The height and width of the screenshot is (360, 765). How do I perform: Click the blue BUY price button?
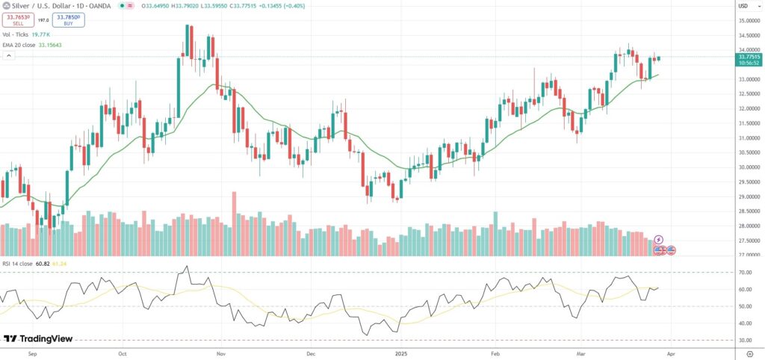[x=68, y=18]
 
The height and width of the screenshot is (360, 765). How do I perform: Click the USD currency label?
[x=743, y=6]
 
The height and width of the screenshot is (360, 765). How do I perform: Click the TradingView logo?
[x=33, y=338]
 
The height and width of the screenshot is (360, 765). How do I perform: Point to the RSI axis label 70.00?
[x=745, y=273]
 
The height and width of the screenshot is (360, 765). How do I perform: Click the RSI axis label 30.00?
[x=745, y=340]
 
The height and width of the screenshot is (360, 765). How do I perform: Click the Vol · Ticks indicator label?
[x=16, y=34]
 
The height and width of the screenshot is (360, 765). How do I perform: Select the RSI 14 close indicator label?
[x=19, y=264]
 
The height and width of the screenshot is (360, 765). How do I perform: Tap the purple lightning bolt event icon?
[x=658, y=239]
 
